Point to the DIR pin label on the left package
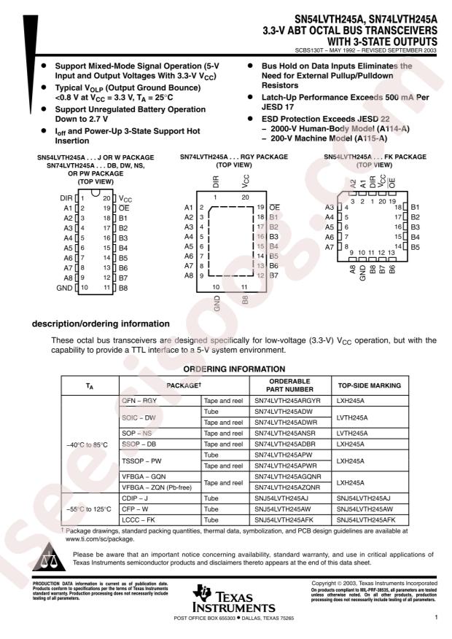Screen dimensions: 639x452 pos(66,198)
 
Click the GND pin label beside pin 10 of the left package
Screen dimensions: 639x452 pos(64,288)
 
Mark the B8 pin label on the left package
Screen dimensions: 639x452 pos(124,288)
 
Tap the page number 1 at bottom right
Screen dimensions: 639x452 pos(435,618)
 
